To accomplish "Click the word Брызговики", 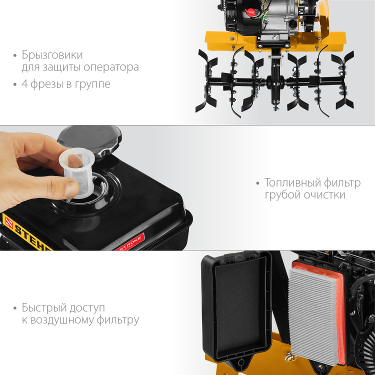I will [x=52, y=54].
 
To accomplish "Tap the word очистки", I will [x=323, y=195].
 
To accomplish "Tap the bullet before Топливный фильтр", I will [x=258, y=183].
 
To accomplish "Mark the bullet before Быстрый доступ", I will [x=15, y=308].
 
